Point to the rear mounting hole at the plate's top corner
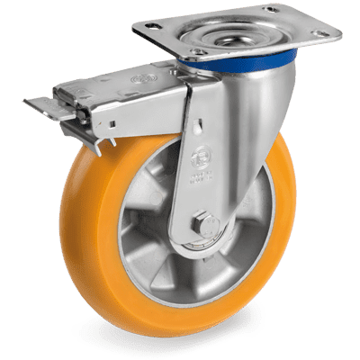(x=271, y=9)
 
